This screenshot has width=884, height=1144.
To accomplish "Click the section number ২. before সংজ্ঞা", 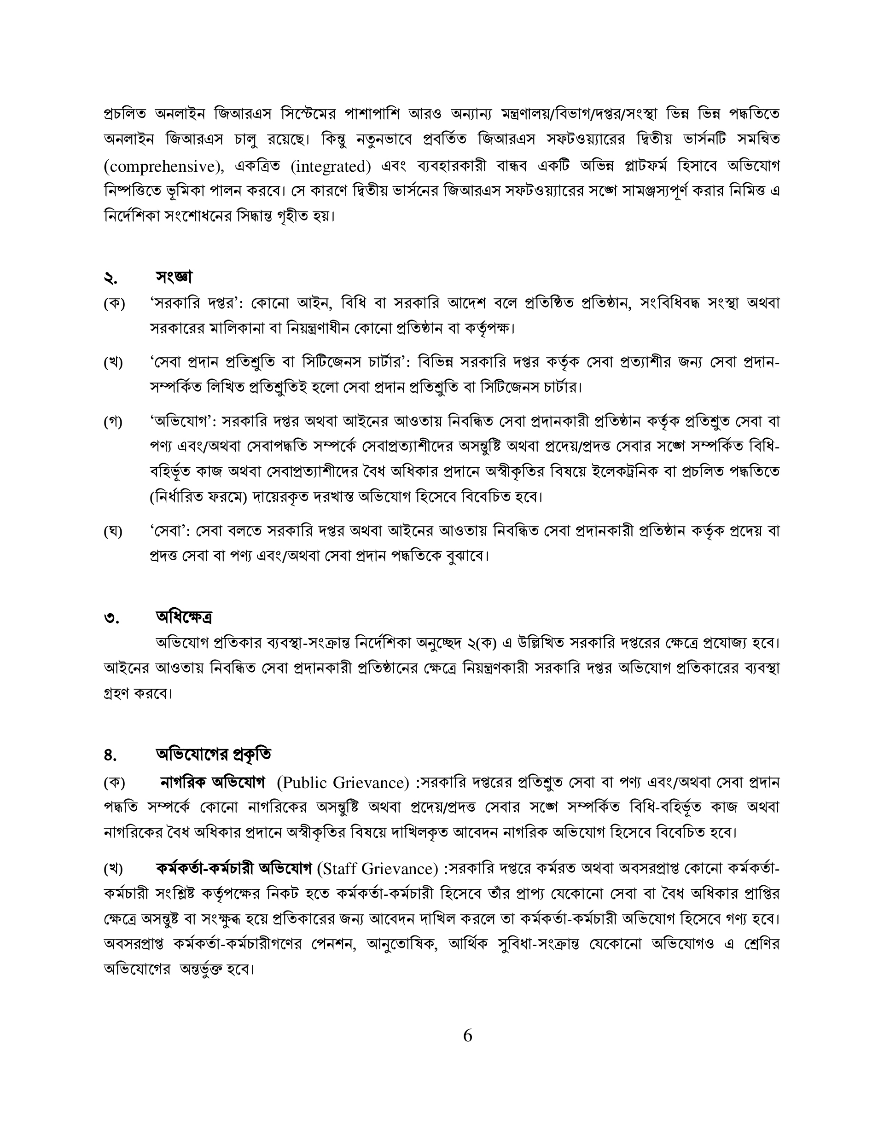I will pos(110,278).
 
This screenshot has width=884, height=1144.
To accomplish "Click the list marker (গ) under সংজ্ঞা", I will pos(113,422).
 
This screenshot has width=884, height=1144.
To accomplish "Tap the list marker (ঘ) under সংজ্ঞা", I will pos(113,532).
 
